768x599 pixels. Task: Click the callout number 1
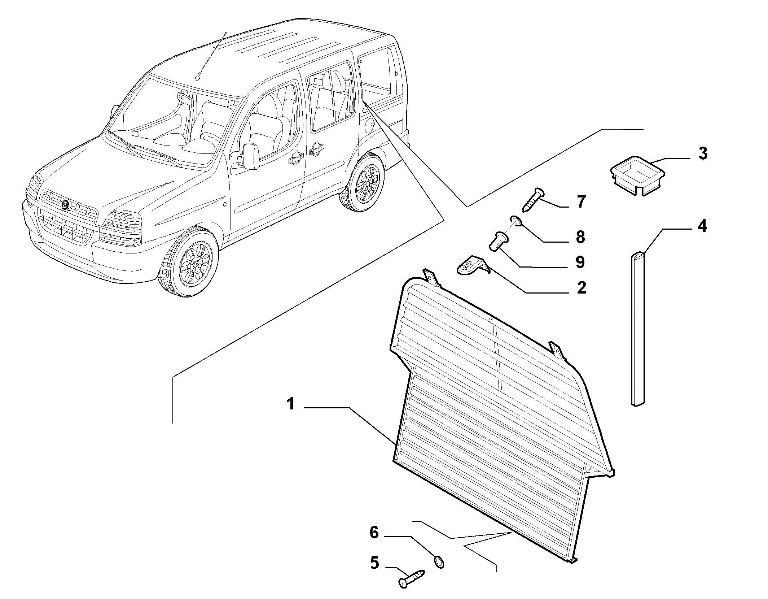pos(291,404)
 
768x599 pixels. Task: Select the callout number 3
pos(702,154)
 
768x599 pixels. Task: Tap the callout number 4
pos(702,227)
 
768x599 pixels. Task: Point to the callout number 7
pos(581,202)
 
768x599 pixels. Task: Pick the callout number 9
pos(580,262)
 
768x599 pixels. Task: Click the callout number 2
pos(581,288)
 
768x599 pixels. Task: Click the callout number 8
pos(580,237)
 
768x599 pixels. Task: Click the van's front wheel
pos(190,261)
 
